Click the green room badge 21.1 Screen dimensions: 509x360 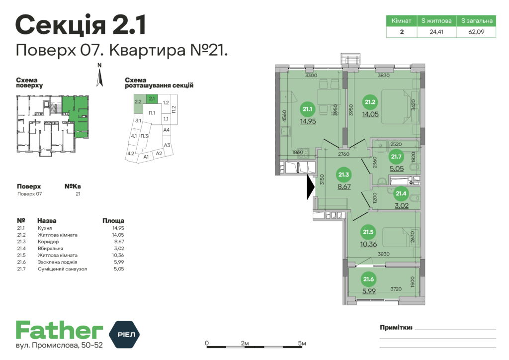(307, 109)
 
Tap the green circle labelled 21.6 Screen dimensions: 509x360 (368, 279)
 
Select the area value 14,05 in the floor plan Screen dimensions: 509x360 (370, 114)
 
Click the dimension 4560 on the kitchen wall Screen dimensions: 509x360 (284, 116)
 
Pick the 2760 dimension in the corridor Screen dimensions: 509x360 (343, 154)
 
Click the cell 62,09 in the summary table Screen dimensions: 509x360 (476, 32)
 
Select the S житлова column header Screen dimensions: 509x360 (436, 21)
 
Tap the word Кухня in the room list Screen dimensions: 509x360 (45, 228)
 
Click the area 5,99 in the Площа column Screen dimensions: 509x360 (119, 262)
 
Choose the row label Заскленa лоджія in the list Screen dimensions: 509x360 (58, 262)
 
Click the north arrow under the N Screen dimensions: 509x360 (99, 78)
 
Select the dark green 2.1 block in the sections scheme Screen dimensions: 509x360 (152, 98)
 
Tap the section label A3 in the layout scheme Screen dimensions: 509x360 (167, 145)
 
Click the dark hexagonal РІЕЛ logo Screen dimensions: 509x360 (124, 334)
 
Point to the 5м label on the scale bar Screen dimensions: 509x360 (302, 343)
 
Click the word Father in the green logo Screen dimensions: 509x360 (60, 331)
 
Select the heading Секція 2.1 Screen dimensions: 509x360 (81, 25)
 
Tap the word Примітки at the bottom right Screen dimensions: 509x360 (396, 328)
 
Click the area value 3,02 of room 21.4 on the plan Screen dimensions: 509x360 (402, 205)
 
